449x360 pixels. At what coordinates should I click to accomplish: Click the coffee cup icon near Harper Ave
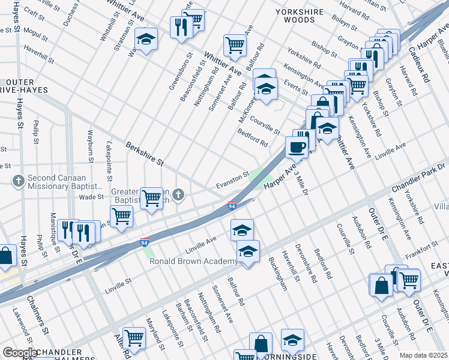click(x=298, y=146)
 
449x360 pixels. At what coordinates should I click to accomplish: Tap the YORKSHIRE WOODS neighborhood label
click(x=303, y=16)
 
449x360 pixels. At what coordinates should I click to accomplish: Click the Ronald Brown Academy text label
click(x=193, y=261)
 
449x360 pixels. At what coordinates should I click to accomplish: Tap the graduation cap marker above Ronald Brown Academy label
click(x=247, y=251)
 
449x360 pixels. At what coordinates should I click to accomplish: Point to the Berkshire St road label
click(x=144, y=154)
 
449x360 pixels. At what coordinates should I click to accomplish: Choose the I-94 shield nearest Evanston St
click(x=232, y=206)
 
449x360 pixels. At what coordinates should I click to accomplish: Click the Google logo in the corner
click(x=20, y=352)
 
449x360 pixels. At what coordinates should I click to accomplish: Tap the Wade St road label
click(x=92, y=196)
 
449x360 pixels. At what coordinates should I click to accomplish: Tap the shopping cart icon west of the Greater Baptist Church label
click(x=121, y=215)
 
